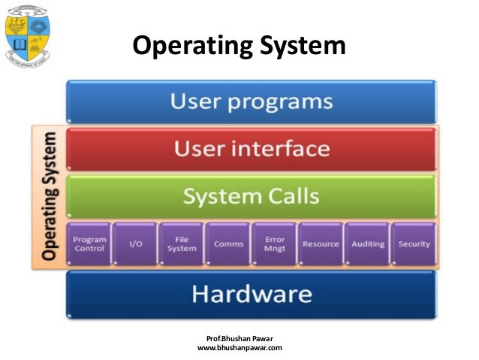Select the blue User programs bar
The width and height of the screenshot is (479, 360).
pos(252,101)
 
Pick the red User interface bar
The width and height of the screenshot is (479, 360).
pos(252,149)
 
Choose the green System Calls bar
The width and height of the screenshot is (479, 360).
pos(252,197)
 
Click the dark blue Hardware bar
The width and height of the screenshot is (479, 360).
pos(252,293)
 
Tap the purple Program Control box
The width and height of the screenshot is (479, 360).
pos(89,244)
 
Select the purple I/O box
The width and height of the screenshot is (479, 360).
pos(134,244)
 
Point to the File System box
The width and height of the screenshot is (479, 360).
pos(181,244)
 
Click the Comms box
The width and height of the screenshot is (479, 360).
pos(227,244)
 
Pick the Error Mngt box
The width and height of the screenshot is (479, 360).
pos(274,244)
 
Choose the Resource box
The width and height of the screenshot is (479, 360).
pos(321,244)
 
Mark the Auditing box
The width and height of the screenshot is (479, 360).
pos(367,244)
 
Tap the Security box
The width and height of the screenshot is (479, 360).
pos(414,244)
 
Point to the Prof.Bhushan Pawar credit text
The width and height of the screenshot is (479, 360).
pos(239,337)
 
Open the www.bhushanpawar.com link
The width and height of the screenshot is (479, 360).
pos(239,348)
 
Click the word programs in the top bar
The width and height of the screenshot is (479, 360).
pos(285,101)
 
